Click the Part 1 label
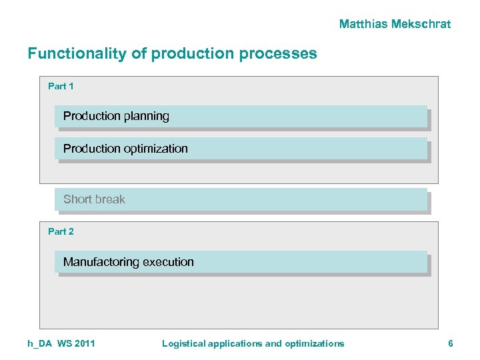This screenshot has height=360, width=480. pyautogui.click(x=61, y=86)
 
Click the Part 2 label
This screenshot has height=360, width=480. pyautogui.click(x=61, y=231)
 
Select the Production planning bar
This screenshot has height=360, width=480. pyautogui.click(x=240, y=116)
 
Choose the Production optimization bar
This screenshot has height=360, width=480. pyautogui.click(x=240, y=149)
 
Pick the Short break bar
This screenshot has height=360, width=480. pyautogui.click(x=240, y=199)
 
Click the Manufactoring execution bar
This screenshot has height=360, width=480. pyautogui.click(x=240, y=262)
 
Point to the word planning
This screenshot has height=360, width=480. pyautogui.click(x=146, y=116)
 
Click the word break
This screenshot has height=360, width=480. pyautogui.click(x=109, y=199)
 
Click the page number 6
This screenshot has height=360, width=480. pyautogui.click(x=451, y=343)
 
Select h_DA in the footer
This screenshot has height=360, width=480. pyautogui.click(x=40, y=343)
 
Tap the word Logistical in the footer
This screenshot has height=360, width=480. pyautogui.click(x=183, y=343)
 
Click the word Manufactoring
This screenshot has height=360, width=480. pyautogui.click(x=101, y=262)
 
